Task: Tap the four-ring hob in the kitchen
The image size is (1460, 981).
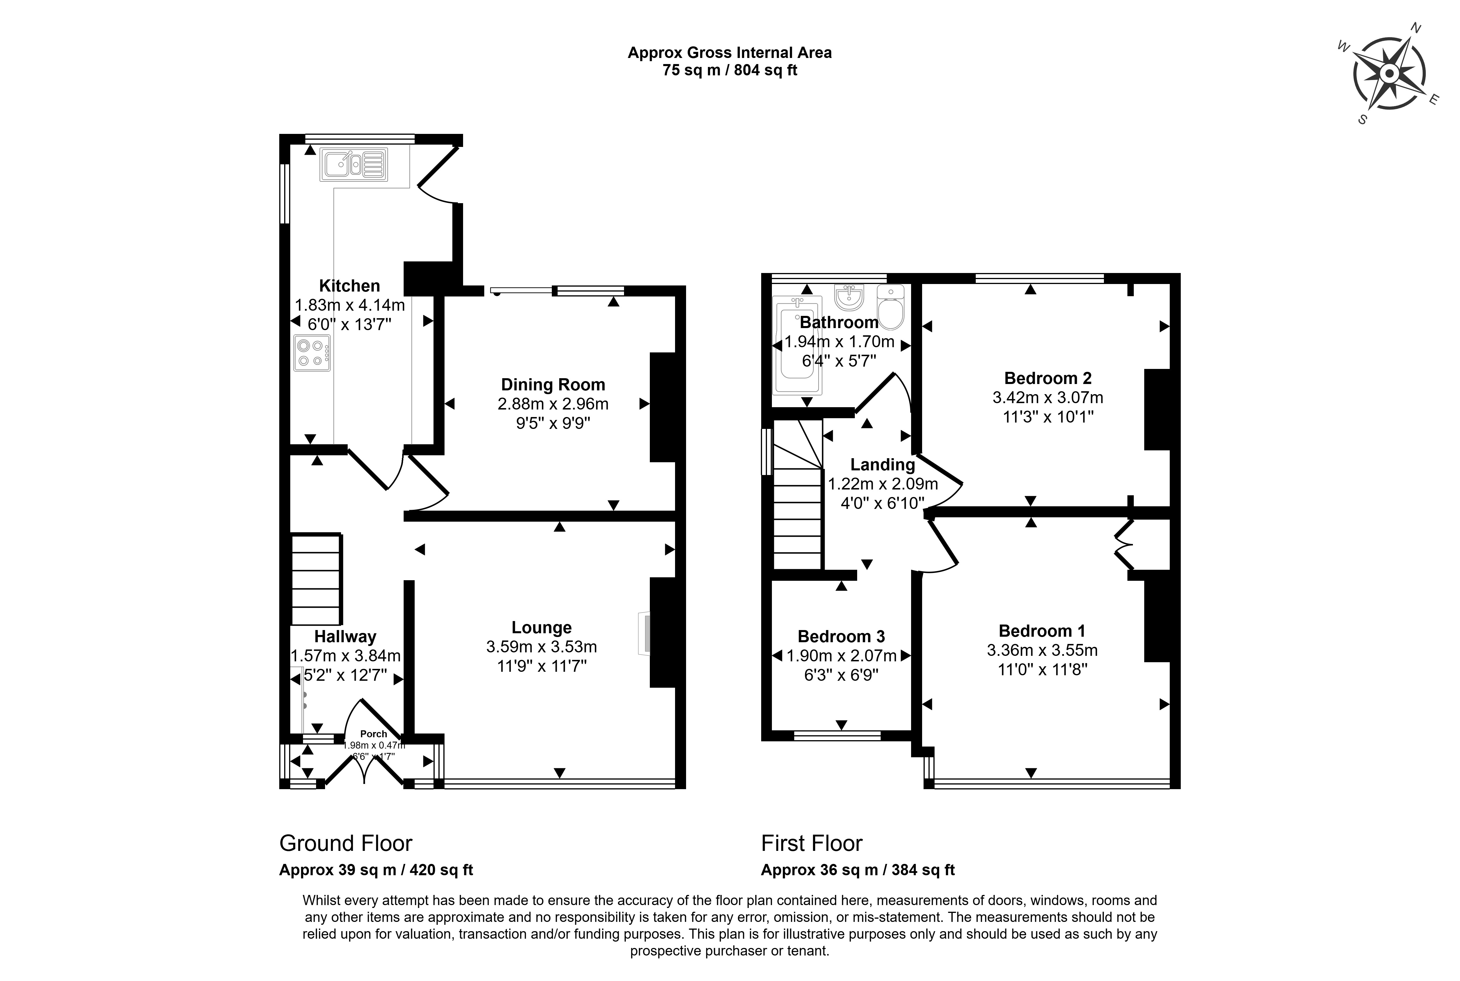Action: [312, 353]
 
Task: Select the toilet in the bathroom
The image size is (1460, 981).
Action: [890, 307]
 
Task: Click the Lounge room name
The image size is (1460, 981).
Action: [541, 627]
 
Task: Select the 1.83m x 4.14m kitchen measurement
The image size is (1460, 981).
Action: [350, 305]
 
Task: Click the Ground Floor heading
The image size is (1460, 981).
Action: [345, 843]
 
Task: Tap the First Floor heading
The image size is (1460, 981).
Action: [812, 843]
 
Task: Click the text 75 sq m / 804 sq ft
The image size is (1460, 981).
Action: [730, 70]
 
